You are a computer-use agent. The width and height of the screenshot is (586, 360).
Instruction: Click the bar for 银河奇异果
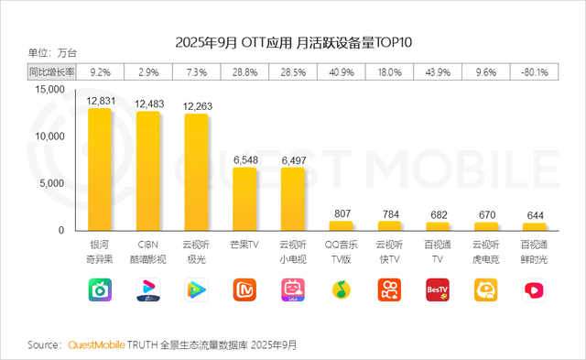coord(99,169)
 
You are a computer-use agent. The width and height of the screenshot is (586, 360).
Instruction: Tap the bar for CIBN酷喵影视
coord(147,171)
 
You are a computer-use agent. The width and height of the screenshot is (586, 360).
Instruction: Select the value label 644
coord(535,214)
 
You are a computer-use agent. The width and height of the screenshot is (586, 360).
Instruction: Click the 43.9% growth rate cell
coord(437,71)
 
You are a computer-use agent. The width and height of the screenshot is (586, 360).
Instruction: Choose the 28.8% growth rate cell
coord(244,71)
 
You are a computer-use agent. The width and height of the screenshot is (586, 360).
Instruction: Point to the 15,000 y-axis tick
coord(49,90)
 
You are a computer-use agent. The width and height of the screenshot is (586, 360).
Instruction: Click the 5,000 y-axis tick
coord(51,183)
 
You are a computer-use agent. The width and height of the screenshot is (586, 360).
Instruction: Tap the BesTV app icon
coord(438,290)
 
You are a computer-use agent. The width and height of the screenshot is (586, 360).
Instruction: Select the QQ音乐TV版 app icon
coord(342,290)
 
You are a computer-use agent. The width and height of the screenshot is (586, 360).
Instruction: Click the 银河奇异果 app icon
coord(99,290)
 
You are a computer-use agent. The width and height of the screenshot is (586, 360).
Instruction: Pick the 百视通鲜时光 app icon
coord(534,290)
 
